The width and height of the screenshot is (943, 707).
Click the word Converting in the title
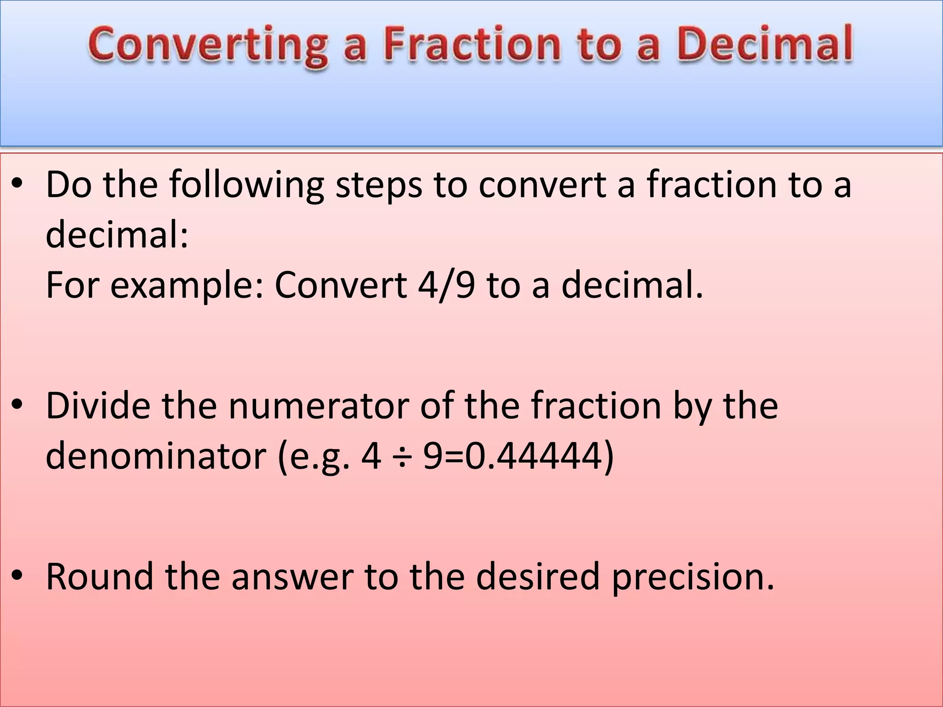[x=208, y=45]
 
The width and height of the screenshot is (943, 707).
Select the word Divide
[x=98, y=406]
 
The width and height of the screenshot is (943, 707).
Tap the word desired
[x=538, y=576]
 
